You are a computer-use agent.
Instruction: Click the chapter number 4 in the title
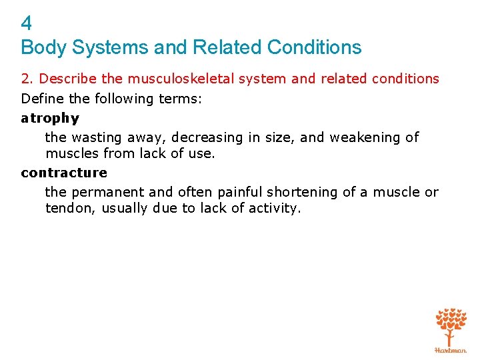pos(27,24)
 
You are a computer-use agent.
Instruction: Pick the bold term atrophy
pos(50,119)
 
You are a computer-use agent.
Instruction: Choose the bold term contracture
pos(64,173)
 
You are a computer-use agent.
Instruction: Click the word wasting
pos(95,138)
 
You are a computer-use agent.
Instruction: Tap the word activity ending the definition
pos(274,209)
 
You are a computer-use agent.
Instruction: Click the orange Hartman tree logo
pos(451,330)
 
